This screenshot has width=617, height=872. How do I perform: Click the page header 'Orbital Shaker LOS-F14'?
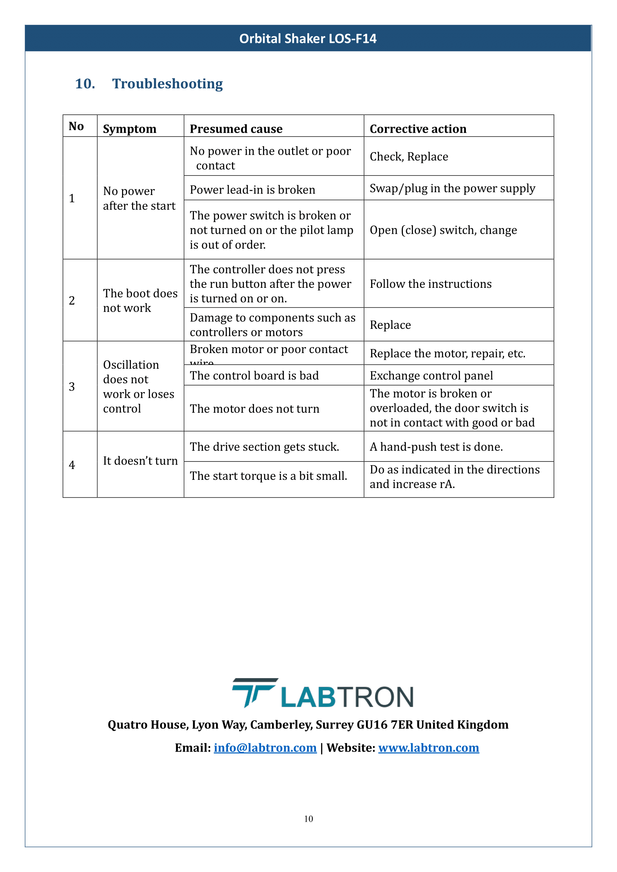308,38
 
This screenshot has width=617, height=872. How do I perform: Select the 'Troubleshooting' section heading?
167,84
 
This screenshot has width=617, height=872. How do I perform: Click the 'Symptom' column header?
129,129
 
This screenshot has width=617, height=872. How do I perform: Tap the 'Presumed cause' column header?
236,129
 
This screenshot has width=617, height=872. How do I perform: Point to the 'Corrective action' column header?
418,129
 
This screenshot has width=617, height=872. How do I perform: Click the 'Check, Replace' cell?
409,157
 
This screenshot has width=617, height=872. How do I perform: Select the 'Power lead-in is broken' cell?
252,189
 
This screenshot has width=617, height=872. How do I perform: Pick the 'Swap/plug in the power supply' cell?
452,188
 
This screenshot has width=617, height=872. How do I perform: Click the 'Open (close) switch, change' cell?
443,230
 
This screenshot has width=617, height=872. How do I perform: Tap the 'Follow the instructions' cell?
430,284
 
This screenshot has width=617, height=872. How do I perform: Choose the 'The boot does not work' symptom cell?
140,300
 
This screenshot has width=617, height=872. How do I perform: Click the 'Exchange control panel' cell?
431,375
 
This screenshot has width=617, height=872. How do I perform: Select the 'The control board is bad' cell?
254,375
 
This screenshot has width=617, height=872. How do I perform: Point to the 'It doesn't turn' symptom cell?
140,461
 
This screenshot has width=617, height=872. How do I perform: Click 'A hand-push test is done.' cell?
436,447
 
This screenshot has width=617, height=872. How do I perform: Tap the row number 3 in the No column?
72,387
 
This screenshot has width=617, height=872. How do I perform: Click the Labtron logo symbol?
254,692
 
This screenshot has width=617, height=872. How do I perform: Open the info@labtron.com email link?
265,747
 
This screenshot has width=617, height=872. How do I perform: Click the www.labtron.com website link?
428,747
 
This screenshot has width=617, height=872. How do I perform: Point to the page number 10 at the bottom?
308,819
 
